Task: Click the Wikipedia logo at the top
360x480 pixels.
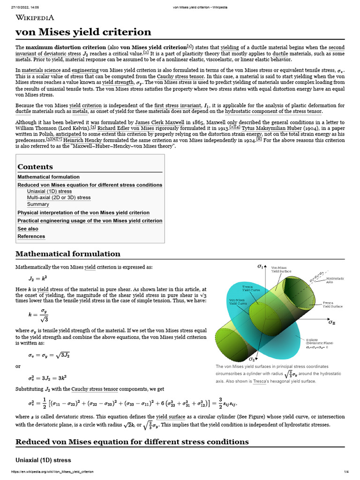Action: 35,18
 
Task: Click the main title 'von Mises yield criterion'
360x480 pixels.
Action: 83,32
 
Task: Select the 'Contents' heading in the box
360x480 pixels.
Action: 35,167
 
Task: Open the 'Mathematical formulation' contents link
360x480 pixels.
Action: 48,177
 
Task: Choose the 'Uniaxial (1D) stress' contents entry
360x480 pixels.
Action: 49,191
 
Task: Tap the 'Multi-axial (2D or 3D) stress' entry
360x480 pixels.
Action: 59,198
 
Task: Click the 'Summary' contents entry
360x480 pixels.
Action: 38,204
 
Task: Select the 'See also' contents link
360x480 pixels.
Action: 28,229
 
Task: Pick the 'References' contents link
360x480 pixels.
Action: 31,237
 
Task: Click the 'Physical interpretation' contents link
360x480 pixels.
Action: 83,213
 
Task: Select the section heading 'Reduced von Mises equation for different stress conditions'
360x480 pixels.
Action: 132,442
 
